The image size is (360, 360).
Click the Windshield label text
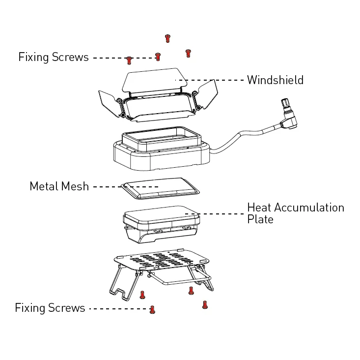coord(275,80)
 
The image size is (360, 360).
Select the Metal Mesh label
coord(59,186)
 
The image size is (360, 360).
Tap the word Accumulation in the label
coord(309,208)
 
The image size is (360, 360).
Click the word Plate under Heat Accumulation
coord(260,219)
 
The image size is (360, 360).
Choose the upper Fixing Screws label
coord(54,57)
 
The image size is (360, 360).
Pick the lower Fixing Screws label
coord(50,308)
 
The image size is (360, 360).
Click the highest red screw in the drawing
coord(167,38)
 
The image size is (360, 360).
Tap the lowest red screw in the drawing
coord(152,309)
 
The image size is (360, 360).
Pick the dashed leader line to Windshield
coord(211,80)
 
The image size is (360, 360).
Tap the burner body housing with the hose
coord(162,155)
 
